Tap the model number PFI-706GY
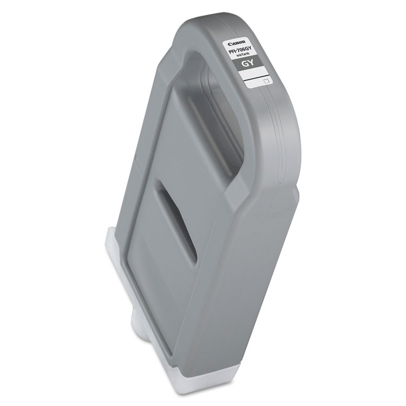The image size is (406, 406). (244, 51)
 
